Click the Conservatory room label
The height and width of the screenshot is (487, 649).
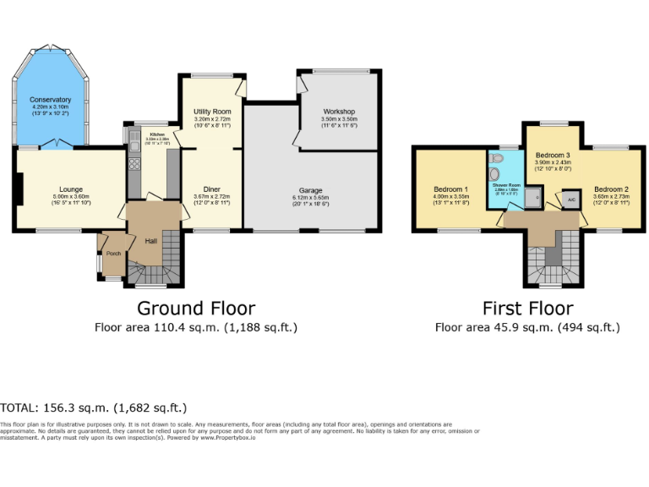50,101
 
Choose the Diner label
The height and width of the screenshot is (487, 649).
211,189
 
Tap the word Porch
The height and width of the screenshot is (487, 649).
113,253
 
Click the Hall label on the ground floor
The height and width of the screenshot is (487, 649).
150,242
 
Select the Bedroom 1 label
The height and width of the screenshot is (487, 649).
450,189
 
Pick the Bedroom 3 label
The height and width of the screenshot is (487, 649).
553,156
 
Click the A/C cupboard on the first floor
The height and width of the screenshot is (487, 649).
571,199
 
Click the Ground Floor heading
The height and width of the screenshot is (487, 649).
195,308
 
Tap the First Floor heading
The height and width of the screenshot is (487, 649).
527,308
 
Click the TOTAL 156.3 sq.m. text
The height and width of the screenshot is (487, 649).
94,408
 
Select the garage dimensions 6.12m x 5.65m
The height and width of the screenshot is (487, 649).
310,200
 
